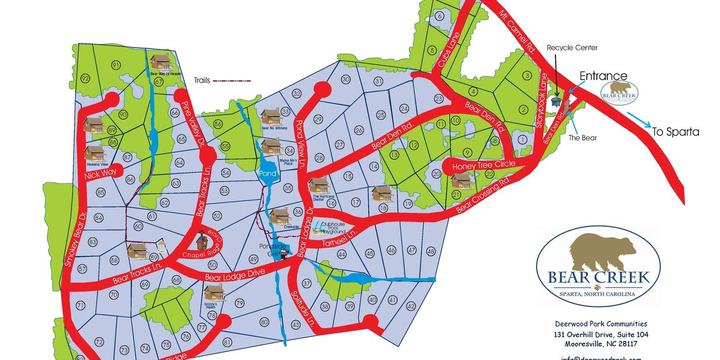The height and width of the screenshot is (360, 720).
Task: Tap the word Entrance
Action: [x=603, y=76]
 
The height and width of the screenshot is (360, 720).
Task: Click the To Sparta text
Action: [x=675, y=132]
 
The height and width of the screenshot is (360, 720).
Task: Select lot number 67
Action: [x=159, y=82]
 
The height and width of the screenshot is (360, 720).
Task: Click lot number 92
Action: [x=85, y=78]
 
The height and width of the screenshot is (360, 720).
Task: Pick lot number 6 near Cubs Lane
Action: [x=440, y=16]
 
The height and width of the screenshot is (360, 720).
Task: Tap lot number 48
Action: [x=430, y=251]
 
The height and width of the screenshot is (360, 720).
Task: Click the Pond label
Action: [x=268, y=173]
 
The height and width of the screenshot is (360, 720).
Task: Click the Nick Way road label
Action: [x=100, y=173]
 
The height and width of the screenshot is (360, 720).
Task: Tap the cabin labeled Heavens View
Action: [x=95, y=153]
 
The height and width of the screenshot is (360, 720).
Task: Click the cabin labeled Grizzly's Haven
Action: [x=214, y=293]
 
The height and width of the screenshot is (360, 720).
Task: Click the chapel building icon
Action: [x=202, y=239]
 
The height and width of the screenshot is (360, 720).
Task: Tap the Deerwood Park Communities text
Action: [x=600, y=324]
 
